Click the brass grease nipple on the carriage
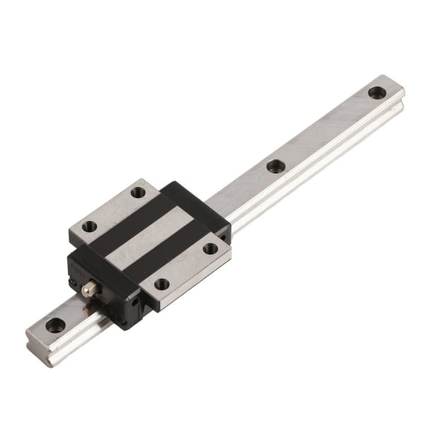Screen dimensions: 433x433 [x=89, y=289]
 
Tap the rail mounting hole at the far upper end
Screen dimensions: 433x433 [x=376, y=92]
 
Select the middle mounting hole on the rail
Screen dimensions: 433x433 [x=275, y=166]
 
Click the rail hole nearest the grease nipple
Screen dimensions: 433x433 [x=55, y=325]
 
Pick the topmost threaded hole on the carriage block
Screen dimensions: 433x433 [x=139, y=192]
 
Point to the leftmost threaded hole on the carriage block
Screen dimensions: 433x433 [x=89, y=227]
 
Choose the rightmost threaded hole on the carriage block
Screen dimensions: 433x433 [x=210, y=248]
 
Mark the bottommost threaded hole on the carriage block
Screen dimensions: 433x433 [x=161, y=284]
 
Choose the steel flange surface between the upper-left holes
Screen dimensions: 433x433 [x=113, y=209]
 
